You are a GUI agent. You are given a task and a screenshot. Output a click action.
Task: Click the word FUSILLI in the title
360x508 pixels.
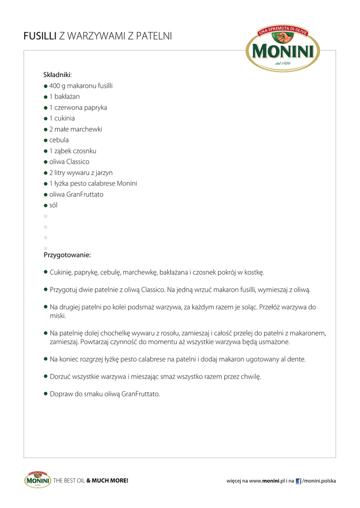(x=40, y=36)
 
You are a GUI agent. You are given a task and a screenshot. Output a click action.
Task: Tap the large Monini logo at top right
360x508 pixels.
(x=283, y=49)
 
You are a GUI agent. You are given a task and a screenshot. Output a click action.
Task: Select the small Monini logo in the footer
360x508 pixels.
(x=37, y=480)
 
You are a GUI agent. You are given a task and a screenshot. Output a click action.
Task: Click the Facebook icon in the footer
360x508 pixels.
(x=298, y=481)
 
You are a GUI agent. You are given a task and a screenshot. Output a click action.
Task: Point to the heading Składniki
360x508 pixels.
(x=57, y=75)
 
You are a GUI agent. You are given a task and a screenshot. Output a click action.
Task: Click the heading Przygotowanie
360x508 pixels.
(x=67, y=255)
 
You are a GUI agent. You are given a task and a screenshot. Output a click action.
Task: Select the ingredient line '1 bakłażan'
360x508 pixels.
(x=64, y=97)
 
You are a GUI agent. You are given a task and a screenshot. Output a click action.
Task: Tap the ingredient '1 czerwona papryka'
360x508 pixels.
(x=78, y=108)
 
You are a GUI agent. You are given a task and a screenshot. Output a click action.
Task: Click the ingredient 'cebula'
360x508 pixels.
(x=59, y=140)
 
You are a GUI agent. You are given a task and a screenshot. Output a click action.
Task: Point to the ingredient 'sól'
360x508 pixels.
(x=53, y=205)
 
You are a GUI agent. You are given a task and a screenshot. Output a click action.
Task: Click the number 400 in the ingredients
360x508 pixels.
(x=55, y=86)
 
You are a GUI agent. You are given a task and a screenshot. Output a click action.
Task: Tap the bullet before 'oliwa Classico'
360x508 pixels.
(x=46, y=162)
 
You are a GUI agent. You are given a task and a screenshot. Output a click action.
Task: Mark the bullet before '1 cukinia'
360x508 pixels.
(x=46, y=119)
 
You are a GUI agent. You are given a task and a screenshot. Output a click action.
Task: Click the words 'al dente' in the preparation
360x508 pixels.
(x=293, y=359)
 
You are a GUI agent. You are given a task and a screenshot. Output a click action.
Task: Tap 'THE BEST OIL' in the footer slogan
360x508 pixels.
(x=69, y=481)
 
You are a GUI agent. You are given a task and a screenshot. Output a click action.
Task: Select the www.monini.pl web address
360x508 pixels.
(x=265, y=481)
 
